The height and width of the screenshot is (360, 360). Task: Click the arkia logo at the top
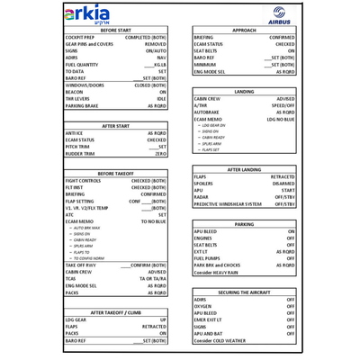[x=88, y=14]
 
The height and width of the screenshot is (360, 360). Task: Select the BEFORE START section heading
[x=116, y=30]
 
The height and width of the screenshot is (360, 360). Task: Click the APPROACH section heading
[x=244, y=30]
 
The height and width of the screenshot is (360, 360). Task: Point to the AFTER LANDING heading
[x=244, y=169]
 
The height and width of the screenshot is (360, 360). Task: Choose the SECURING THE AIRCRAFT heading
[x=244, y=292]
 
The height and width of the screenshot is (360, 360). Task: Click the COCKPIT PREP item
[x=82, y=38]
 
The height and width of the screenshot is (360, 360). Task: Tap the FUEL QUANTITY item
[x=82, y=65]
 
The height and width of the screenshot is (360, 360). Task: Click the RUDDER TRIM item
[x=80, y=154]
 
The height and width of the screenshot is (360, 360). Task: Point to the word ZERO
[x=160, y=154]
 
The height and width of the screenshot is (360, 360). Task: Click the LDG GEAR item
[x=76, y=319]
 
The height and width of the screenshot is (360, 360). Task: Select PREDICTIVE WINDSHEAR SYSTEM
[x=229, y=204]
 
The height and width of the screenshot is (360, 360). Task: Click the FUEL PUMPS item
[x=208, y=258]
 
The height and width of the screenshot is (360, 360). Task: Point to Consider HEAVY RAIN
[x=216, y=272]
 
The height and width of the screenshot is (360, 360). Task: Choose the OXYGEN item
[x=203, y=306]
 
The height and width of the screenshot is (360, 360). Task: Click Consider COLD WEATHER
[x=220, y=341]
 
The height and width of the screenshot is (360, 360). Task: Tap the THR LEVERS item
[x=78, y=98]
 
